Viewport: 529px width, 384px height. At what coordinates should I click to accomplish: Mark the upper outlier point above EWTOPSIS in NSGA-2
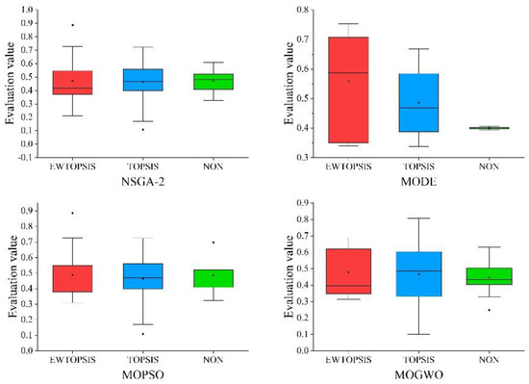click(x=72, y=25)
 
